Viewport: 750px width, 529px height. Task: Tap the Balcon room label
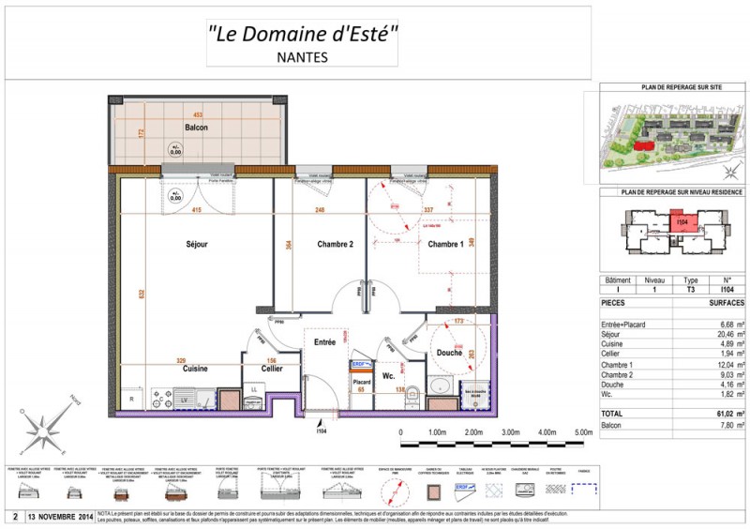(196, 128)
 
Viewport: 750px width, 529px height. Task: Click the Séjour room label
(196, 245)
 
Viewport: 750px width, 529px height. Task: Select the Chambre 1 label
(445, 245)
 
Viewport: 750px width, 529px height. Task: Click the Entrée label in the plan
(324, 343)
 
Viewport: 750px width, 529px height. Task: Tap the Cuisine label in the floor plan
(196, 369)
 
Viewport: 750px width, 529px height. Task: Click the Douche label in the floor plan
(449, 352)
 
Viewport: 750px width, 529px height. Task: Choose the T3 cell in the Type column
(692, 291)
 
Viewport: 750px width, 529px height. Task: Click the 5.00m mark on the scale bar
(582, 432)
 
